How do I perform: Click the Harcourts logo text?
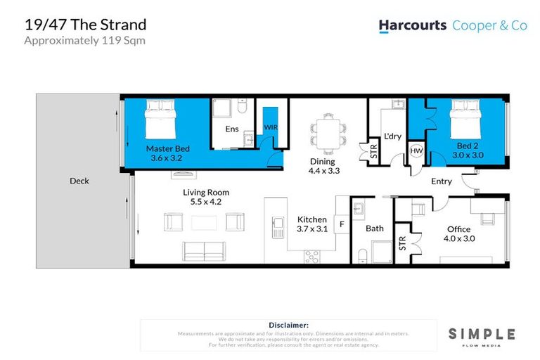click(x=413, y=25)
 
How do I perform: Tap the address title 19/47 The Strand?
click(x=85, y=25)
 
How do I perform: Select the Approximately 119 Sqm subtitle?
click(x=81, y=40)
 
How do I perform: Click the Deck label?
click(x=79, y=181)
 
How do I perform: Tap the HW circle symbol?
click(x=416, y=150)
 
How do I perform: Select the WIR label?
click(x=270, y=127)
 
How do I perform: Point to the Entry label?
click(x=442, y=181)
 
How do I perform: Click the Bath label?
click(x=374, y=229)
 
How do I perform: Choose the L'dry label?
click(x=392, y=136)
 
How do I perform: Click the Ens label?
click(x=231, y=129)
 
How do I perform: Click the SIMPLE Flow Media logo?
click(x=482, y=336)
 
